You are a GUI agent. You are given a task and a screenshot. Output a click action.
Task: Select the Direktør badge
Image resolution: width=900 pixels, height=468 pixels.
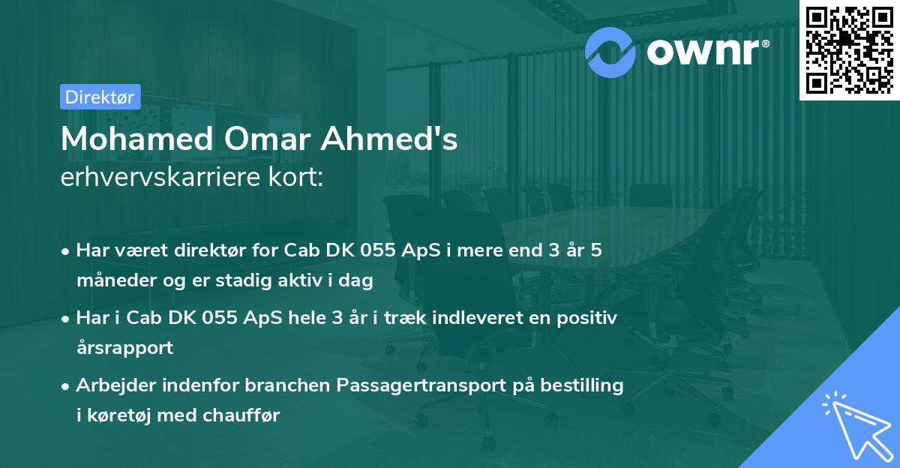tap(100, 97)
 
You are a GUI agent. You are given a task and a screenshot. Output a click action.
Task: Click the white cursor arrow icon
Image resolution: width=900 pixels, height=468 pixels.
tap(855, 424)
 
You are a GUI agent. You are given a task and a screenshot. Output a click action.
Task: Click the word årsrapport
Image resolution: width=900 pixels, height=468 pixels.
tap(124, 348)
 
